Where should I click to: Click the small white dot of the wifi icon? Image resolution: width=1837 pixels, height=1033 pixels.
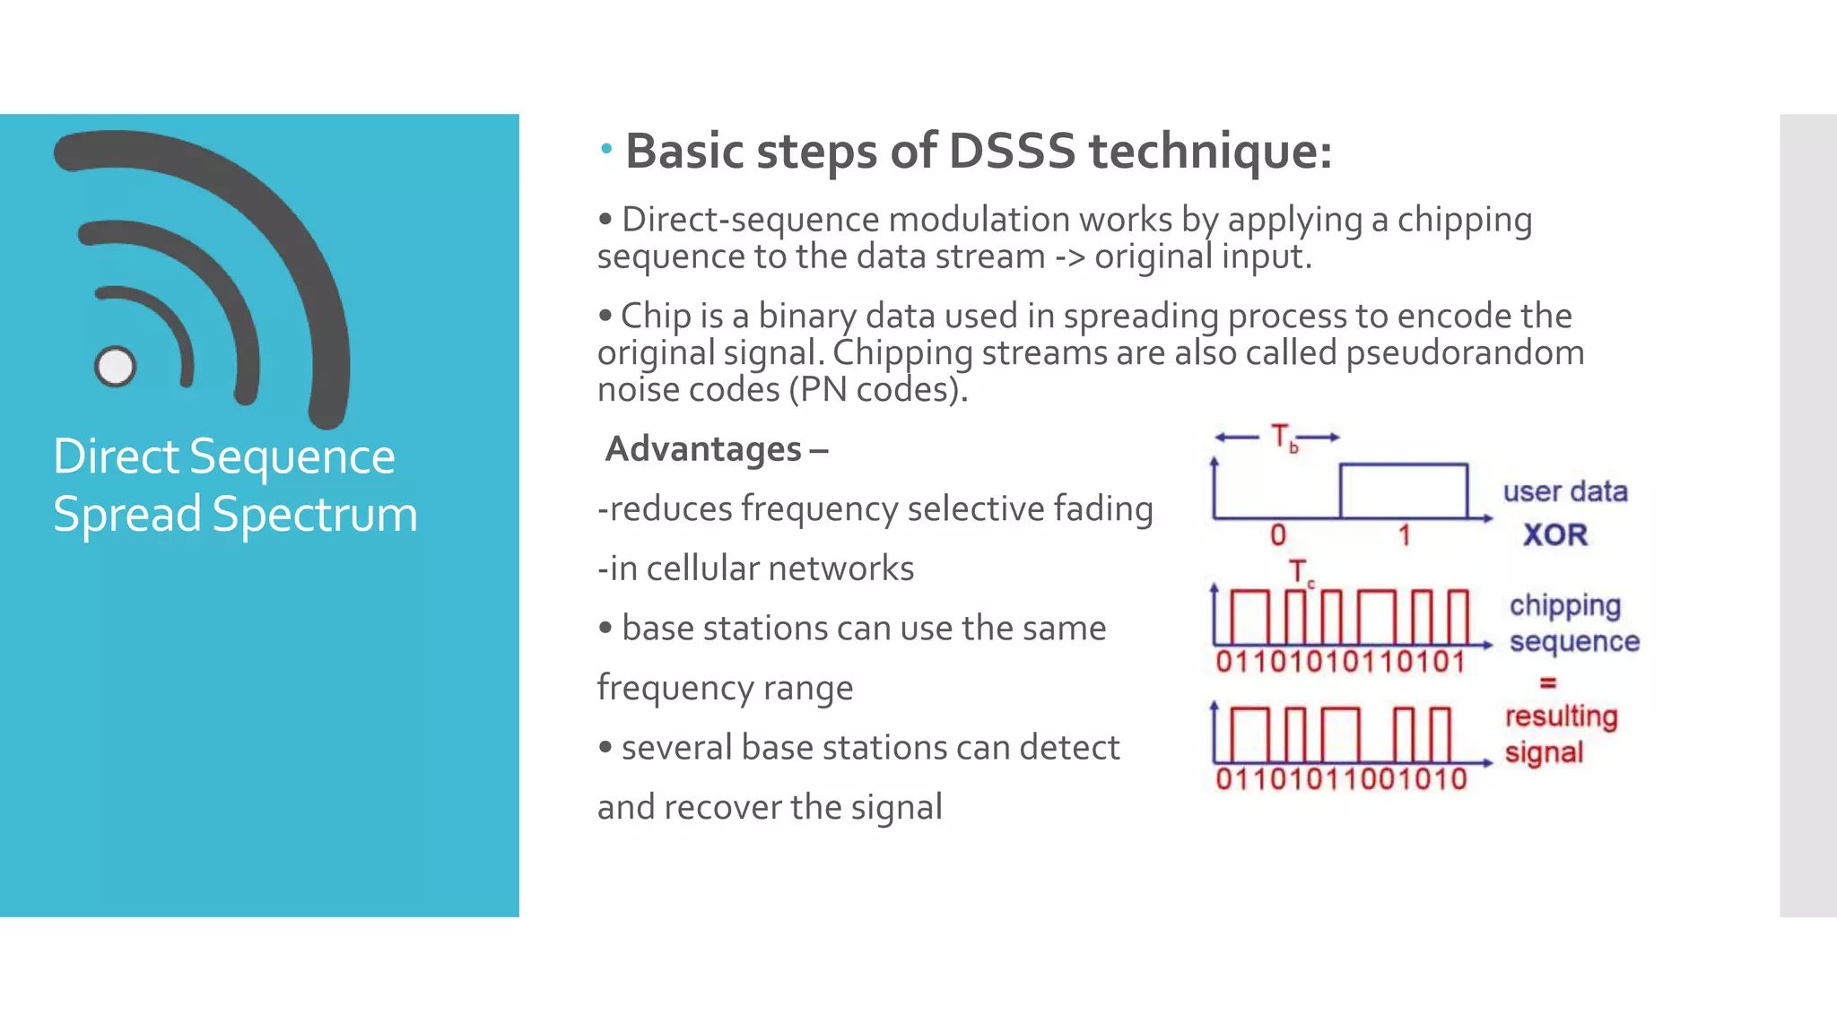[115, 366]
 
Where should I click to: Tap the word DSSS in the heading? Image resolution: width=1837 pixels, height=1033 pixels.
[1011, 151]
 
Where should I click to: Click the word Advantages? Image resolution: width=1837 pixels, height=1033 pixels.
[704, 448]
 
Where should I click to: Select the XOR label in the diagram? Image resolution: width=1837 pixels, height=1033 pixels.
[1555, 534]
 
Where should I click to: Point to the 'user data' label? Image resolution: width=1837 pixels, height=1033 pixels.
[1565, 491]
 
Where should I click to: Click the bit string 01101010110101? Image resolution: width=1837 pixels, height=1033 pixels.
[1340, 662]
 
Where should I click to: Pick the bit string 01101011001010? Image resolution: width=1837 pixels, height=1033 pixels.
[1341, 778]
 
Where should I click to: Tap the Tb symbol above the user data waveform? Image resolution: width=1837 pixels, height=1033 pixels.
[1284, 438]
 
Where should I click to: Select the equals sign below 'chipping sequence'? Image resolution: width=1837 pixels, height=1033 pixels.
[1547, 682]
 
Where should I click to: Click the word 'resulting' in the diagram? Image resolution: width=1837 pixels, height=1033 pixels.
[1561, 716]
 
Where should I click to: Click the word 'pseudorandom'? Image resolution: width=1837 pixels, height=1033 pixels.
[1465, 352]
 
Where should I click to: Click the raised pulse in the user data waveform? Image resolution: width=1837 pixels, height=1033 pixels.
[1403, 490]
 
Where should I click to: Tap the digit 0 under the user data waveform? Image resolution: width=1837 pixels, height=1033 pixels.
[1278, 535]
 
